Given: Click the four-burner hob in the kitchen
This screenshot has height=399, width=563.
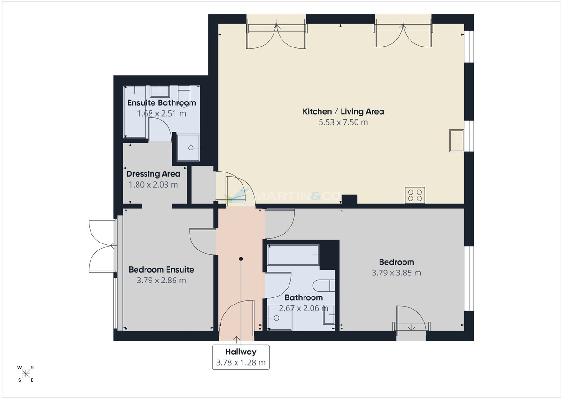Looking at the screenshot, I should (415, 195).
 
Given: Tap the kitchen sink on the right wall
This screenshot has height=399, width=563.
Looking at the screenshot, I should (456, 140).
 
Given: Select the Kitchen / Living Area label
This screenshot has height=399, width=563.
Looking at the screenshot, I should (343, 111).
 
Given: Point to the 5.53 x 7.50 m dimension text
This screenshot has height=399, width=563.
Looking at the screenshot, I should (343, 122).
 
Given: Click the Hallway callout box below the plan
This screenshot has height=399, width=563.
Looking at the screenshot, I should (241, 357).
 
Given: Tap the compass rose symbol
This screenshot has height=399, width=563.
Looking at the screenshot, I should (26, 374).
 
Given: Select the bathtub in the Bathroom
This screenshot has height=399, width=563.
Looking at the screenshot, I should (293, 255).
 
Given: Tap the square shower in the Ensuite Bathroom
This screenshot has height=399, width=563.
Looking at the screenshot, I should (188, 148).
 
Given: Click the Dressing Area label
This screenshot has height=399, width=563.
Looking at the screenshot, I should (153, 174).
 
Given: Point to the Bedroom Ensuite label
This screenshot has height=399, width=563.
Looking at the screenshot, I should (161, 270).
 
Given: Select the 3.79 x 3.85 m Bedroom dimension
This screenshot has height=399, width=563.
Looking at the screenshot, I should (396, 273).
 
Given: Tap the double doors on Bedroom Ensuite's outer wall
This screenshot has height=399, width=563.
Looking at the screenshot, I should (102, 245).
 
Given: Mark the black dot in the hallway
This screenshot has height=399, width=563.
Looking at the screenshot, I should (241, 258).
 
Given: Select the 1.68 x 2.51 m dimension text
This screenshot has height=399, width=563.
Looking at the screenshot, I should (161, 113).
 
